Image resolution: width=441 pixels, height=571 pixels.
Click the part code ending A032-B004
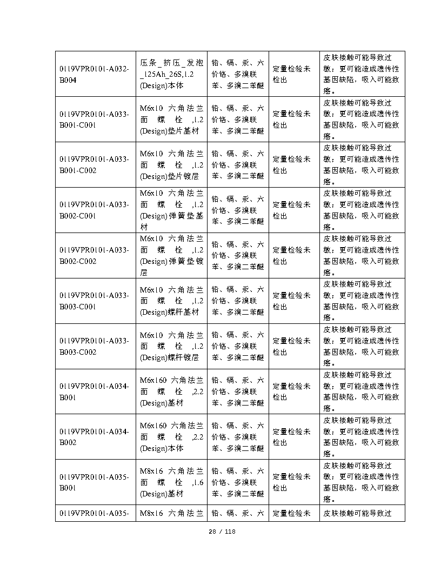tap(95, 74)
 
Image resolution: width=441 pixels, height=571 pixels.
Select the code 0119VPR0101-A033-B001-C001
tap(95, 119)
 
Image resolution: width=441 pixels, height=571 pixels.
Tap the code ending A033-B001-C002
tap(95, 165)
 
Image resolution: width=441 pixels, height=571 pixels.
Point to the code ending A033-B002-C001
tap(95, 210)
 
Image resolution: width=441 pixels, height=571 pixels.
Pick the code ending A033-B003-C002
tap(95, 347)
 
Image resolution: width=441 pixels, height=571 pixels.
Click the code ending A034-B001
tap(95, 392)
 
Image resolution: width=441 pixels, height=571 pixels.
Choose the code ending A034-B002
tap(95, 437)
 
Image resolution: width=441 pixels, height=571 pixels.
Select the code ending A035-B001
tap(95, 483)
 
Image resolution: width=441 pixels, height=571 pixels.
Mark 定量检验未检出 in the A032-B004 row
tap(292, 74)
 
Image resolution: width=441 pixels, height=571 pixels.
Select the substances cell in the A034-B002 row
tap(238, 437)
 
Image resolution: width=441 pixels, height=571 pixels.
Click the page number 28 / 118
tap(222, 532)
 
